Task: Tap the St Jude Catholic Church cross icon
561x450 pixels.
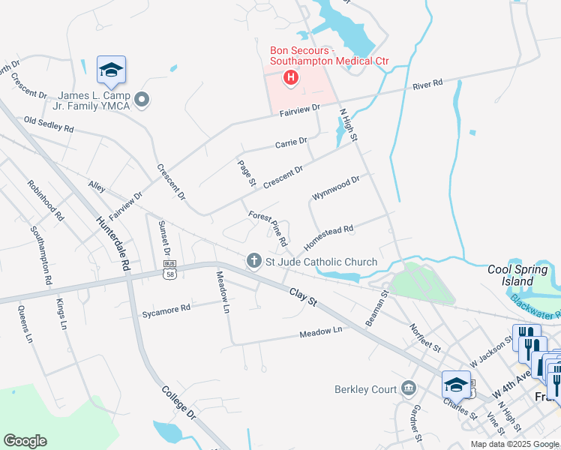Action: [253, 261]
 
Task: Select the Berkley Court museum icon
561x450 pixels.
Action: [408, 388]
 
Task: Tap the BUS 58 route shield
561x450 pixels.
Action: [170, 271]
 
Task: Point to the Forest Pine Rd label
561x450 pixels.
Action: [268, 229]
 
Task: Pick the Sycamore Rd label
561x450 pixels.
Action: [166, 309]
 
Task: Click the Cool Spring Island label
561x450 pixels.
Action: [514, 275]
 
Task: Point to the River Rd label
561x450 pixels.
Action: [427, 86]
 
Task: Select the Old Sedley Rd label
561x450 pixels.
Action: [49, 124]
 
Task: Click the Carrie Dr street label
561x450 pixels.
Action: [291, 142]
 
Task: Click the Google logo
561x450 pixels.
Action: [25, 441]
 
